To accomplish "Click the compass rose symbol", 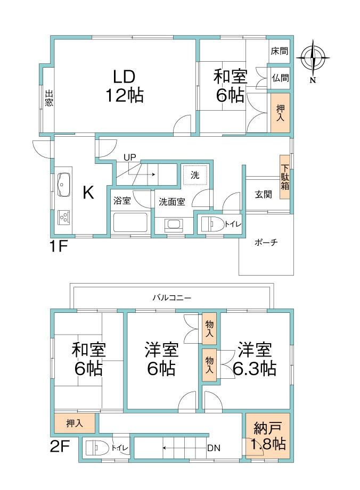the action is click(313, 58).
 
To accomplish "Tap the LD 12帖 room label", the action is click(124, 86).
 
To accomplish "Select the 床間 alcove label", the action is click(279, 51).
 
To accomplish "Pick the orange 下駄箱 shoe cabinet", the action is click(284, 177).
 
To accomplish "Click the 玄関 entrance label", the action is click(264, 194).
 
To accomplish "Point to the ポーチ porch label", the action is click(266, 242).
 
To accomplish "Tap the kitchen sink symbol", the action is click(64, 185).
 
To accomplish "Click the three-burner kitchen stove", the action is click(64, 217).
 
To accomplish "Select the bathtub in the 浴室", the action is click(130, 222).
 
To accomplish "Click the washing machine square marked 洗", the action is click(195, 175).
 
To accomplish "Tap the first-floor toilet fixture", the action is click(212, 224).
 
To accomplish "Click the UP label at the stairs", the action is click(130, 157).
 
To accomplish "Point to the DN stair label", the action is click(214, 448).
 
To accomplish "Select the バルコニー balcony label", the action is click(171, 298).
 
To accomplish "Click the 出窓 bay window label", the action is click(49, 98).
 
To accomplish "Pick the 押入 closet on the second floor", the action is click(75, 423).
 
